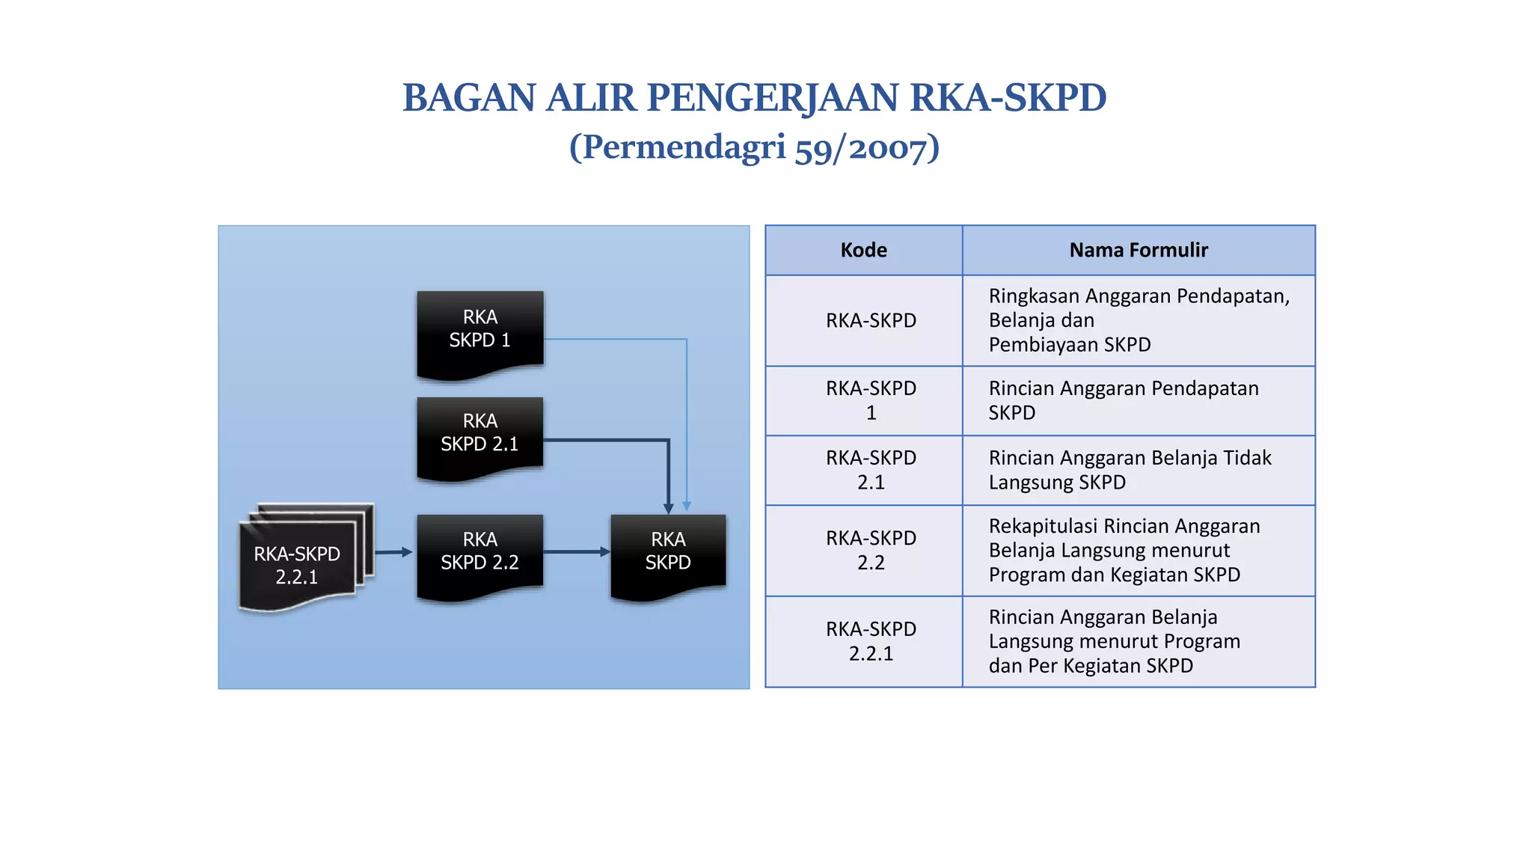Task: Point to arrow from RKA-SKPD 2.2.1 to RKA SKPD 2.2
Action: click(x=393, y=552)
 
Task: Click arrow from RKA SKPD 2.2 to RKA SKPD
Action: click(x=577, y=552)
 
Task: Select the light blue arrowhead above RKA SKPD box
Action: click(x=687, y=507)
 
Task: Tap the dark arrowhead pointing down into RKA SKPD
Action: click(x=669, y=508)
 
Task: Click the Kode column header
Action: click(x=863, y=250)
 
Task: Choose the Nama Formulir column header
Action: click(x=1138, y=250)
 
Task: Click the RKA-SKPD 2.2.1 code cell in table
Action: click(x=871, y=641)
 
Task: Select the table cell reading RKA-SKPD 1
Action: click(x=871, y=400)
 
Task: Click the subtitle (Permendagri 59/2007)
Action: click(x=754, y=147)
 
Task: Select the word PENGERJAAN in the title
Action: click(x=772, y=98)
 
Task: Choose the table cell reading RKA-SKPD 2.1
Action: click(x=871, y=470)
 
